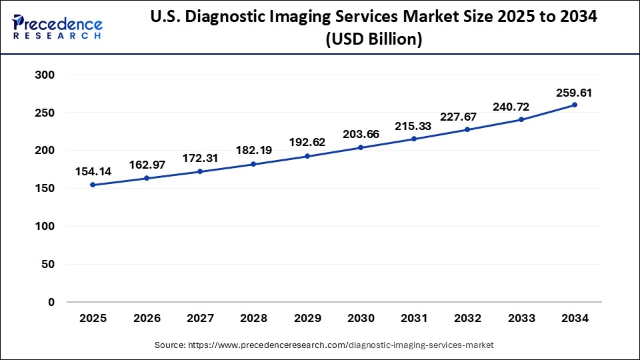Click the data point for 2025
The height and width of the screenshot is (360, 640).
[x=93, y=185]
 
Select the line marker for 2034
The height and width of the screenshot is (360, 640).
[x=575, y=105]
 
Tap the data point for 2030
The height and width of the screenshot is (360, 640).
[x=361, y=147]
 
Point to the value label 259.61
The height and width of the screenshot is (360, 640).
[x=575, y=93]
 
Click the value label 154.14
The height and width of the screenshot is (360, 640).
[x=93, y=172]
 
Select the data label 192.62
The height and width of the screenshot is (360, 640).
[x=307, y=142]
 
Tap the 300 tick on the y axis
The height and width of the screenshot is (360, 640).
[x=45, y=75]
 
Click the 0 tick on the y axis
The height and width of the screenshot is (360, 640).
[x=51, y=302]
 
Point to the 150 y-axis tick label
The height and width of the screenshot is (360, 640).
[x=45, y=189]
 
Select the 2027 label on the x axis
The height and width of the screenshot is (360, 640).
[x=199, y=319]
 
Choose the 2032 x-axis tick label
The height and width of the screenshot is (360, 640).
[x=467, y=319]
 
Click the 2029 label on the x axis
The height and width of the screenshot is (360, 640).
[x=307, y=319]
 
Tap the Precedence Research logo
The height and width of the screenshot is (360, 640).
[x=57, y=27]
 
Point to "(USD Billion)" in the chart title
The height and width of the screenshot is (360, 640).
[x=373, y=40]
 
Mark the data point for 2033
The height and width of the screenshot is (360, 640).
[x=521, y=119]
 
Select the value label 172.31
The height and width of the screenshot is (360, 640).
[x=201, y=159]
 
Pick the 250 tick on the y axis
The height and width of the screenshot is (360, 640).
[x=45, y=113]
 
